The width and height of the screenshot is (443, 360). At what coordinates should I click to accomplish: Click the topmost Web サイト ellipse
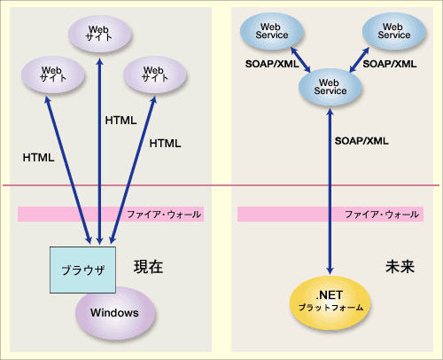pyautogui.click(x=100, y=34)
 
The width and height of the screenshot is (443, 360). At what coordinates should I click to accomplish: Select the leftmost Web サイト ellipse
pyautogui.click(x=53, y=74)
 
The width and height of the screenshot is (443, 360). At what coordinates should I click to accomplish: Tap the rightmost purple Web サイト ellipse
pyautogui.click(x=155, y=74)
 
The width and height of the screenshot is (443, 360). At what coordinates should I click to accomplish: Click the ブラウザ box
pyautogui.click(x=82, y=270)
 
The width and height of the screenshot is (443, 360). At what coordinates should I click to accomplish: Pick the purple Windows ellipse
pyautogui.click(x=115, y=313)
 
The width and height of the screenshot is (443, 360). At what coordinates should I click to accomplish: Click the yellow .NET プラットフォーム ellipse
pyautogui.click(x=330, y=301)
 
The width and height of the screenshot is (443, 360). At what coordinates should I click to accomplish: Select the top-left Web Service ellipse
pyautogui.click(x=272, y=31)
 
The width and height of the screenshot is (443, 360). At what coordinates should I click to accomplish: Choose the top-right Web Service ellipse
pyautogui.click(x=394, y=31)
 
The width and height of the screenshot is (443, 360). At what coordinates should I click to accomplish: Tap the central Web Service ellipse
pyautogui.click(x=330, y=87)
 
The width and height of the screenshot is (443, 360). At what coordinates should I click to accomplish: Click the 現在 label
pyautogui.click(x=149, y=267)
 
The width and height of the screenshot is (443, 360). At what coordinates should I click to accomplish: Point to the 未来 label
pyautogui.click(x=400, y=267)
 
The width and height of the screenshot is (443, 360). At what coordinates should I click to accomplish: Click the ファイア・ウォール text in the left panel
pyautogui.click(x=164, y=215)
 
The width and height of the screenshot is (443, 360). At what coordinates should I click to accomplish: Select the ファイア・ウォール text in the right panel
pyautogui.click(x=382, y=215)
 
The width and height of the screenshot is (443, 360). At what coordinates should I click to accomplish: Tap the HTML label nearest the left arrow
pyautogui.click(x=38, y=158)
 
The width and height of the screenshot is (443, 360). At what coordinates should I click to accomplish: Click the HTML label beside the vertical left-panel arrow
pyautogui.click(x=120, y=121)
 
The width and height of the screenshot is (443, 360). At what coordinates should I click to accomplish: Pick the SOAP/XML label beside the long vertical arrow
pyautogui.click(x=361, y=141)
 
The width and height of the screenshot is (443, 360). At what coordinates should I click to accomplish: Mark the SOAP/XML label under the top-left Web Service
pyautogui.click(x=272, y=64)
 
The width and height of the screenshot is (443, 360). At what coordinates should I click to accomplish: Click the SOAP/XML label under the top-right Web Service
pyautogui.click(x=390, y=64)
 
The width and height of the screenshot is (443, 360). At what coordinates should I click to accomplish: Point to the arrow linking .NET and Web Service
pyautogui.click(x=330, y=192)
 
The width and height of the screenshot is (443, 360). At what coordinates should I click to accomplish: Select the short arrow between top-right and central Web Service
pyautogui.click(x=359, y=60)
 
